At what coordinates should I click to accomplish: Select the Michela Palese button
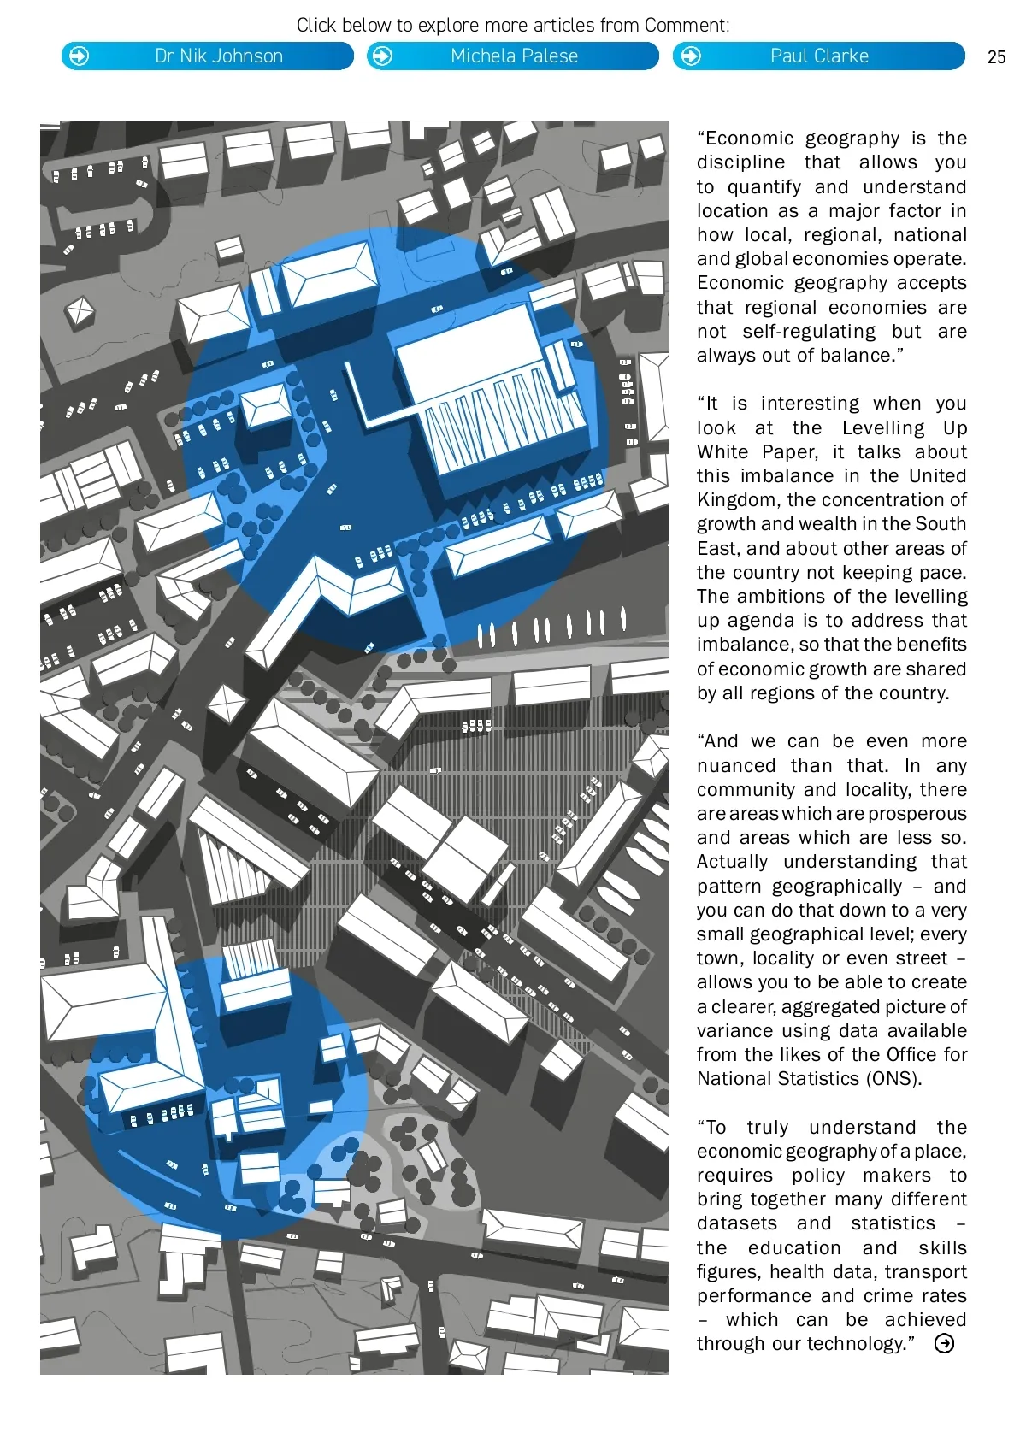point(513,56)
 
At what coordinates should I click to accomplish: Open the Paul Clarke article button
point(818,56)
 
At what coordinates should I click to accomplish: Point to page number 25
point(996,57)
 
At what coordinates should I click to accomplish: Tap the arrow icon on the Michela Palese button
point(383,56)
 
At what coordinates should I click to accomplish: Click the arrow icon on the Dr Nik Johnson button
point(79,56)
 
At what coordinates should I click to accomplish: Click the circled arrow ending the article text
point(944,1344)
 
